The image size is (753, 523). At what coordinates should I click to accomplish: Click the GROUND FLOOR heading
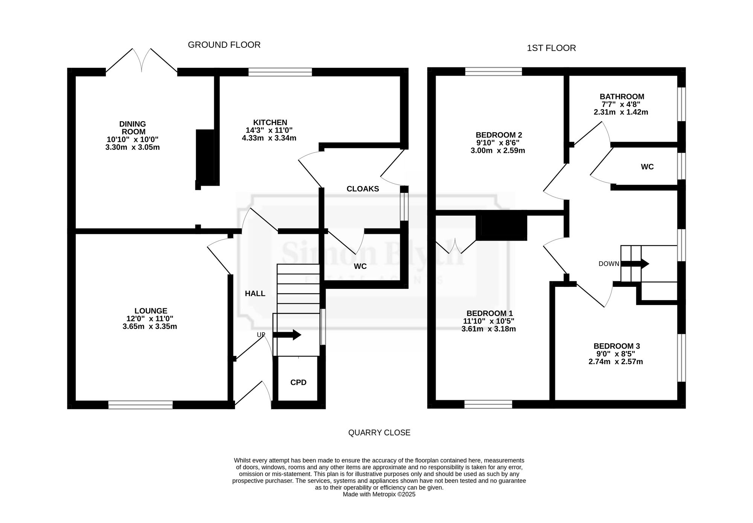pos(224,45)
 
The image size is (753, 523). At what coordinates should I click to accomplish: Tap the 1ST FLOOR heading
pos(551,48)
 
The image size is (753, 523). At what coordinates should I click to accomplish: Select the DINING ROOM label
pos(133,128)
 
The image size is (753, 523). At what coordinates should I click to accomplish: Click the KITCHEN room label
pos(270,122)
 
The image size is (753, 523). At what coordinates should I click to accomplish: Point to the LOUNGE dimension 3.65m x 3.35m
pos(149,326)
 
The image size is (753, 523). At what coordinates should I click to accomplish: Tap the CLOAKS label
pos(363,189)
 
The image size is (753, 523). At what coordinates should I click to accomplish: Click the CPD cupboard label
pos(298,383)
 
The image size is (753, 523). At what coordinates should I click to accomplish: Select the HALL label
pos(255,294)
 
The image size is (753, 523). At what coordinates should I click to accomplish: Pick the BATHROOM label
pos(622,97)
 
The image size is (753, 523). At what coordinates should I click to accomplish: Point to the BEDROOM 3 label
pos(616,346)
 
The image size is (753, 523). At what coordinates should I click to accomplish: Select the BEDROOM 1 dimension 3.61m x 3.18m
pos(488,329)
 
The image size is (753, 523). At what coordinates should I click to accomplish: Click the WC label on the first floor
pos(647,167)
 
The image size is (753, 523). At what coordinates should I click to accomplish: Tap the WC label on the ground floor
pos(360,267)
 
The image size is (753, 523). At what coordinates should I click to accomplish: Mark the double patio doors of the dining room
pos(142,62)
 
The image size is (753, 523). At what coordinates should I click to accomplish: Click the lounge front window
pos(140,405)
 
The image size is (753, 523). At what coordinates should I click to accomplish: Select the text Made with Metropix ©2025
pos(379,494)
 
